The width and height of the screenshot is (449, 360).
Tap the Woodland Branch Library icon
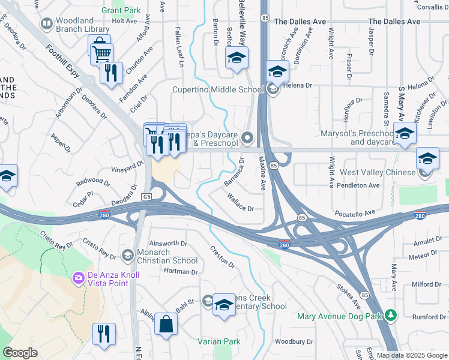pyautogui.click(x=46, y=23)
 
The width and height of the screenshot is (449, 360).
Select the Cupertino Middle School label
pyautogui.click(x=217, y=90)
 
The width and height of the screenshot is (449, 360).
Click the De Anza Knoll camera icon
pyautogui.click(x=78, y=278)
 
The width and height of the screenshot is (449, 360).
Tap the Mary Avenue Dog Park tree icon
pyautogui.click(x=391, y=314)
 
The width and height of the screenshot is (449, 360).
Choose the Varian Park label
pyautogui.click(x=219, y=341)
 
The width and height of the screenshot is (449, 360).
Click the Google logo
pyautogui.click(x=20, y=353)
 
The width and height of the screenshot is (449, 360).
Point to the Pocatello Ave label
pyautogui.click(x=354, y=213)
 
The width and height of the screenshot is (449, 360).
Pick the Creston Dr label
pyautogui.click(x=221, y=256)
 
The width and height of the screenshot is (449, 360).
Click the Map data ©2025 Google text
pyautogui.click(x=411, y=355)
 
